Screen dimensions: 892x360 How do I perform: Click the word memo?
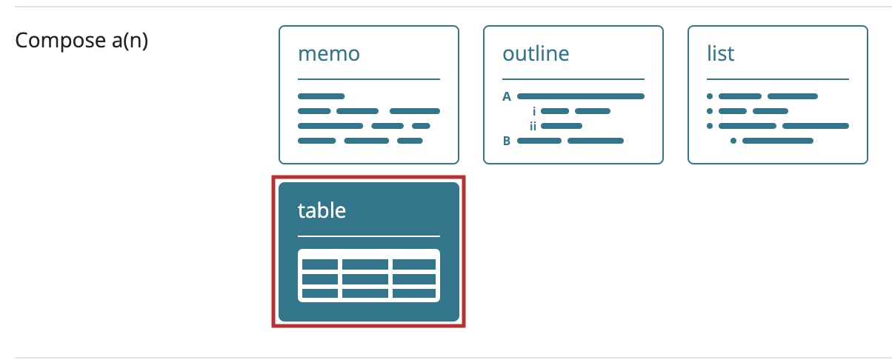[329, 54]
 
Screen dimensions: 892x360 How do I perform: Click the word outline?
[536, 53]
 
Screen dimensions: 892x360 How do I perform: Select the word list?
[720, 53]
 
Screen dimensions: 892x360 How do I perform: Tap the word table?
[322, 210]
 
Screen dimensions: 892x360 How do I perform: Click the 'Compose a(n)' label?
[81, 41]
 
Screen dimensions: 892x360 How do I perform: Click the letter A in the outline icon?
[507, 96]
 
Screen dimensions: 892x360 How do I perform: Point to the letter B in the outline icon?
[507, 141]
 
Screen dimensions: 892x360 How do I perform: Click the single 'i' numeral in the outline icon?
[534, 111]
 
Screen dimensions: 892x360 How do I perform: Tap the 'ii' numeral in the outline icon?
[533, 126]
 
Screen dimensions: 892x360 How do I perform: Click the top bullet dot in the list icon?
[710, 96]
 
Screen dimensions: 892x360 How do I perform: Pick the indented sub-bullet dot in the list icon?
[733, 141]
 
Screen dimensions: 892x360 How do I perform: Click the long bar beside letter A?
[581, 96]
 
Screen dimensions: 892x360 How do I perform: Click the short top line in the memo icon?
[321, 96]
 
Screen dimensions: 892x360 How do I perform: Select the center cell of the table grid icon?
[365, 279]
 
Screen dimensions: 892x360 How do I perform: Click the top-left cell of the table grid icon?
[320, 264]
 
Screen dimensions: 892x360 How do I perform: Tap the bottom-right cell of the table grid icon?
[413, 293]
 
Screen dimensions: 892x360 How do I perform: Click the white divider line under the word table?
[369, 236]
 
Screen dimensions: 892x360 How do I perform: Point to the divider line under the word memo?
[369, 79]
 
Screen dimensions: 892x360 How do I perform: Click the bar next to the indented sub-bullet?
[778, 141]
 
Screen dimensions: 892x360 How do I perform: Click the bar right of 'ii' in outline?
[562, 126]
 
